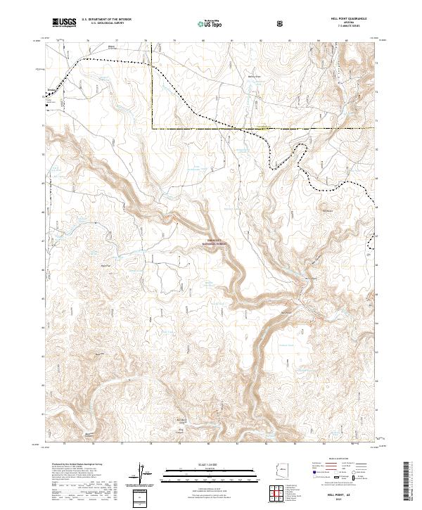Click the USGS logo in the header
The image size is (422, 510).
(x=64, y=23)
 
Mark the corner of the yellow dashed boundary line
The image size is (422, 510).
(x=153, y=129)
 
